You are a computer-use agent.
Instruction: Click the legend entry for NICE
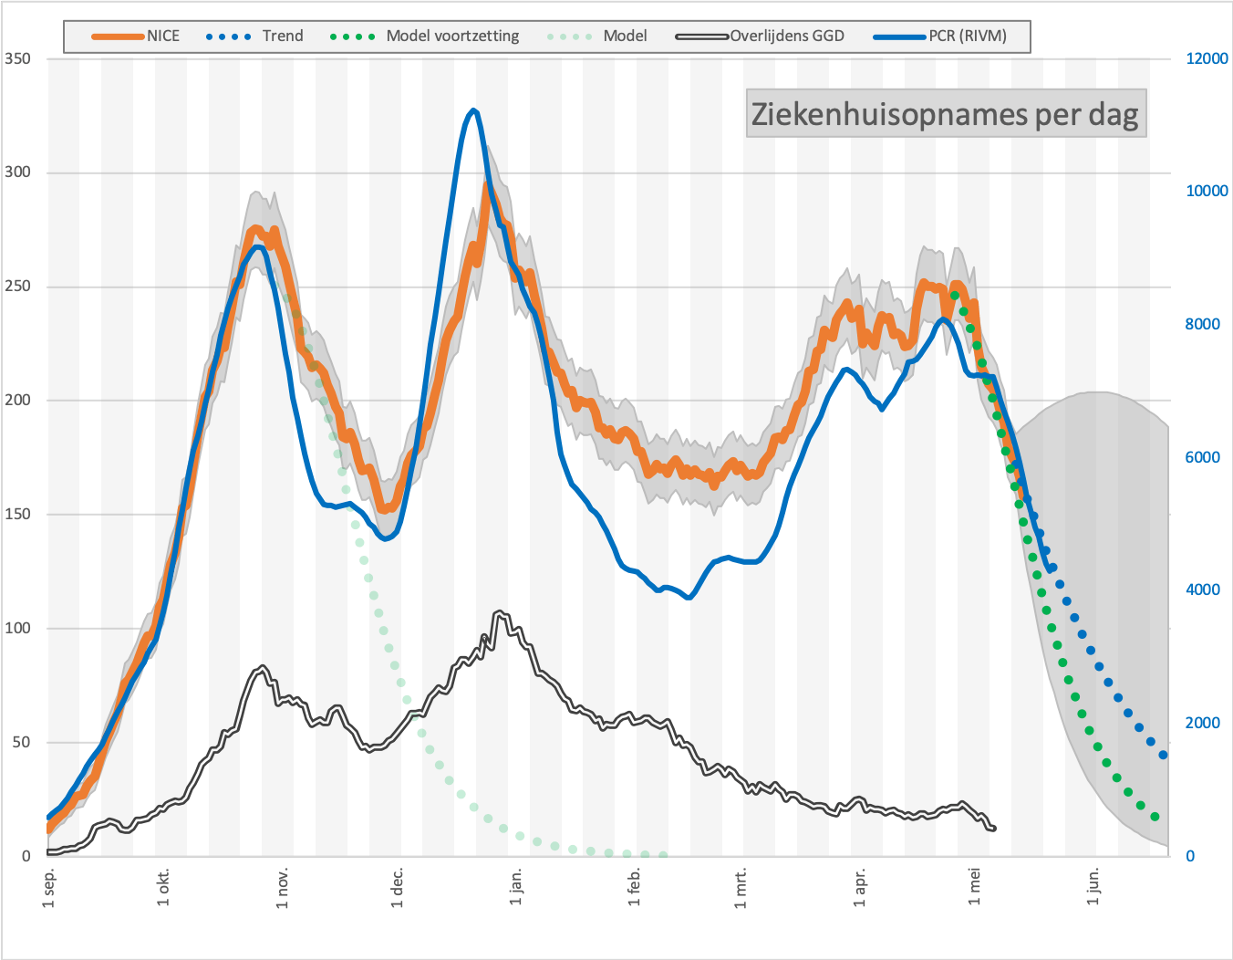pos(136,37)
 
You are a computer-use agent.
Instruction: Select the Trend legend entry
pos(254,37)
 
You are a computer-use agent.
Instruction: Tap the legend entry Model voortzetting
pos(424,37)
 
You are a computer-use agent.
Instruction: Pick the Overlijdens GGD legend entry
pos(760,37)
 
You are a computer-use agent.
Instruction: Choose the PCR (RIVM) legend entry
pos(940,37)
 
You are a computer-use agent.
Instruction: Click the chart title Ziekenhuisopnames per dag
pos(946,114)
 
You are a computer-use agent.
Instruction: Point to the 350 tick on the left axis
pos(17,58)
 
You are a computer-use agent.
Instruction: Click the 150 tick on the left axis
pos(17,515)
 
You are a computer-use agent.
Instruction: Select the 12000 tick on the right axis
pos(1207,58)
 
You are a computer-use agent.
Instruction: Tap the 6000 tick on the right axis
pos(1202,457)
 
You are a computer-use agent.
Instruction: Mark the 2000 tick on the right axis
pos(1202,723)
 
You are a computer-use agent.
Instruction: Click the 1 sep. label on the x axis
pos(49,887)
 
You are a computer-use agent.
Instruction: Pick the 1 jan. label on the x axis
pos(515,886)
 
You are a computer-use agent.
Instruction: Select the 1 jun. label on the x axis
pos(1093,886)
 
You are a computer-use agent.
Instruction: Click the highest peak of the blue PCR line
pos(474,110)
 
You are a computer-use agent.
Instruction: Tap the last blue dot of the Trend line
pos(1163,755)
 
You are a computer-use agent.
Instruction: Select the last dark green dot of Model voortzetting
pos(1155,817)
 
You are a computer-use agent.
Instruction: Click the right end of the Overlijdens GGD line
pos(993,829)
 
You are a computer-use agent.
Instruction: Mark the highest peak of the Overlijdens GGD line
pos(500,612)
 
